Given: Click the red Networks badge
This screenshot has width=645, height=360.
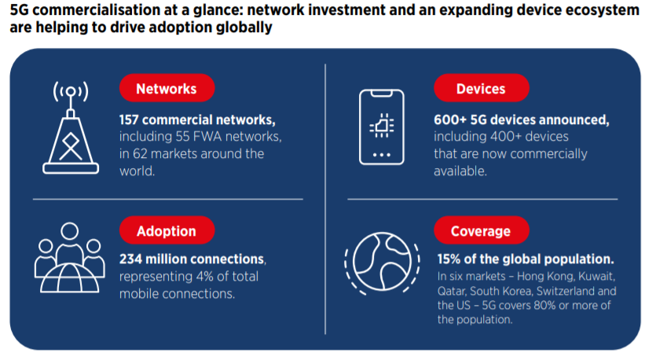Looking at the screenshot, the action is coord(167,88).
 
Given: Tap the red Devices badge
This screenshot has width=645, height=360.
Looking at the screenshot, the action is coord(482,88).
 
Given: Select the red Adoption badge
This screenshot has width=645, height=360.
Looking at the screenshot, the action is coord(167,230).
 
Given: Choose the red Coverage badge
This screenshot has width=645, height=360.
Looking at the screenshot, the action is coord(482,230).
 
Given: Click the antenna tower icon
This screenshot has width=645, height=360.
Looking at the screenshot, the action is coord(71,127).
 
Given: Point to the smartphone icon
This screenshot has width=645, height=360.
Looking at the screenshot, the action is coord(382,127).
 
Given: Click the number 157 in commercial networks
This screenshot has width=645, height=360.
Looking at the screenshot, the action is coord(129,119).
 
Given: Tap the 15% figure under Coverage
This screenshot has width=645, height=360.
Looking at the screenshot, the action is coord(449,259).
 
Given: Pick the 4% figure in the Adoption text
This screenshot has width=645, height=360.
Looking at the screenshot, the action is coord(204,277).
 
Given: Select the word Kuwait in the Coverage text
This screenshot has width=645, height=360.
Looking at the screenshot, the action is coord(596,277).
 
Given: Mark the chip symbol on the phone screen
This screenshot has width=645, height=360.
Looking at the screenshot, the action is coord(382,125).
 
